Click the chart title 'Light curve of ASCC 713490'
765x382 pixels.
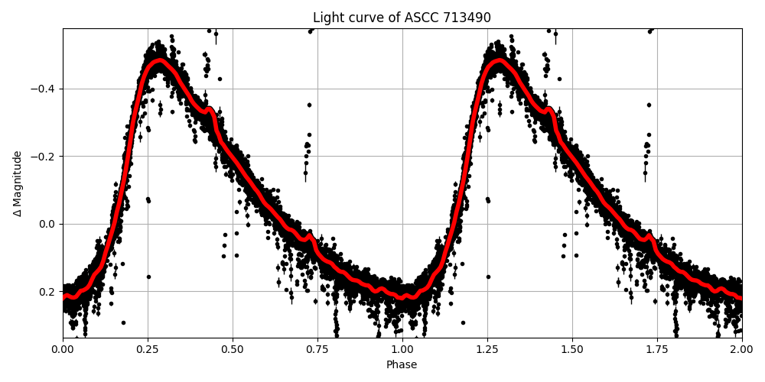(x=402, y=18)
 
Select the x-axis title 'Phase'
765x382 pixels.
(x=402, y=365)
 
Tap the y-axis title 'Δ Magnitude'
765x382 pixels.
(x=18, y=183)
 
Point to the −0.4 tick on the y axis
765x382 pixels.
(x=44, y=89)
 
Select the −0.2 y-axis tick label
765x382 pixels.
(x=44, y=157)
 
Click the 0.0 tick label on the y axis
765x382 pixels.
(x=48, y=224)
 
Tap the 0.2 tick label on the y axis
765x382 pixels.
(x=48, y=292)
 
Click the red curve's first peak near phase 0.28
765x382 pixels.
(x=158, y=60)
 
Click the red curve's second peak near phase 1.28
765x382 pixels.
(x=498, y=60)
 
